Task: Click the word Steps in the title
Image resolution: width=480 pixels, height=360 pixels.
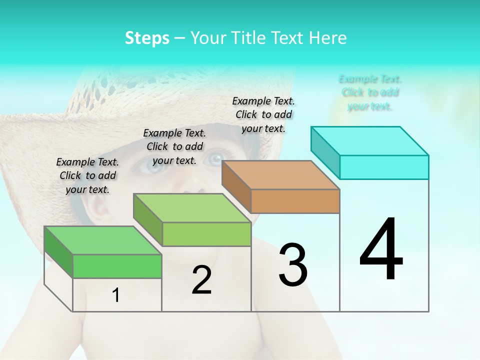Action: coord(147,38)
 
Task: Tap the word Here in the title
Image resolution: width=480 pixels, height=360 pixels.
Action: coord(328,38)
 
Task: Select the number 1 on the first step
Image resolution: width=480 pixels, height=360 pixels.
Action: coord(116,295)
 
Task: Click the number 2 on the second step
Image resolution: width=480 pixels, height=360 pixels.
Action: coord(201,280)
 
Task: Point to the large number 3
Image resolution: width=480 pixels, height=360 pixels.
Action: coord(293,265)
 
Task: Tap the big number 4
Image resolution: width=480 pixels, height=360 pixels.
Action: coord(381,250)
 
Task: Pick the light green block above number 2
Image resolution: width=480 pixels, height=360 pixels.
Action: coord(192,208)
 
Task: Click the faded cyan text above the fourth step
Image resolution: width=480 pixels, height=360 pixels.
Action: coord(370,92)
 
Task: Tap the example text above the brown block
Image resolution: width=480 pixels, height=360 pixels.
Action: coord(263,114)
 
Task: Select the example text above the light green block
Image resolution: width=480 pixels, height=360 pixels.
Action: coord(174,146)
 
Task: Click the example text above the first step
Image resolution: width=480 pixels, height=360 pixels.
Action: coord(87,175)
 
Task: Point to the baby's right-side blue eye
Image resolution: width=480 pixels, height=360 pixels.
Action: coord(215,159)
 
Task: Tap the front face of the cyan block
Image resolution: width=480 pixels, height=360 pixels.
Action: coord(384,167)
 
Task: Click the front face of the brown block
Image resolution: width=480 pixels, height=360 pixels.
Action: coord(295,201)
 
